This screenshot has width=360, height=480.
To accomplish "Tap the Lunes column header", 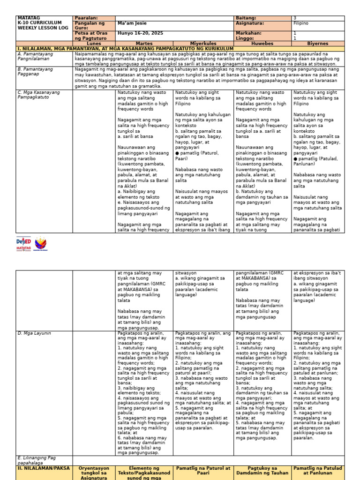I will (x=94, y=43).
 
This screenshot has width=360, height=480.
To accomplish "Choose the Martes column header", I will (x=144, y=43).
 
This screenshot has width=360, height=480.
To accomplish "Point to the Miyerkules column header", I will (x=203, y=43).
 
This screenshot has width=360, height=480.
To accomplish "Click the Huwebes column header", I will (x=262, y=43).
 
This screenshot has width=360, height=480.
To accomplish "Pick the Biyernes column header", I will (x=317, y=43).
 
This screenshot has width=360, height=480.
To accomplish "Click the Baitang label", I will (x=246, y=18).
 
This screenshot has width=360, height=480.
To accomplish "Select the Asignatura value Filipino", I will (x=301, y=23).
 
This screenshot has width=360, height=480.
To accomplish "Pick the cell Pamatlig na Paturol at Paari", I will (x=203, y=471).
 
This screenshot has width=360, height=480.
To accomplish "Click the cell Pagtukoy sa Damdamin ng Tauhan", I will (x=262, y=471).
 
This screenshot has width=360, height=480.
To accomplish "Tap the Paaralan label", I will (x=87, y=18).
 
